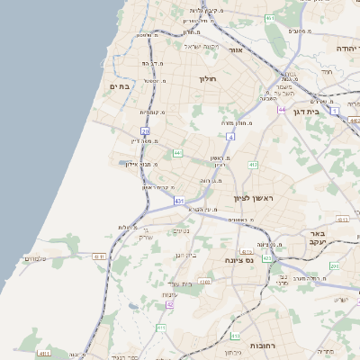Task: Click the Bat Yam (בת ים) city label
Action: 121,86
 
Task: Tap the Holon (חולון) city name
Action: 210,79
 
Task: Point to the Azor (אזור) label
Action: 237,50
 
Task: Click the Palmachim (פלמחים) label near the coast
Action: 34,259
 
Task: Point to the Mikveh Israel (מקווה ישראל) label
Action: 201,46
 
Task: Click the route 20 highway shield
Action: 145,131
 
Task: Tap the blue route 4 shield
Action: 230,137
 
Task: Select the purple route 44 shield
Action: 282,110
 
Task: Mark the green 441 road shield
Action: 178,153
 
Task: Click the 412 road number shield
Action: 254,165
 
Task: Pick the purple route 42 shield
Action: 169,305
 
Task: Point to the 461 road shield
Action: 271,18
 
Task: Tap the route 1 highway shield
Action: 334,112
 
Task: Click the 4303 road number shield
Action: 204,282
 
